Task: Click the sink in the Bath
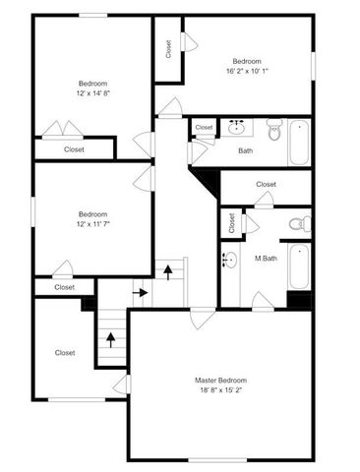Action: pyautogui.click(x=236, y=127)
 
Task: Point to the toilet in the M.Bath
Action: pyautogui.click(x=300, y=225)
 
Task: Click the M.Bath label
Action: pyautogui.click(x=265, y=259)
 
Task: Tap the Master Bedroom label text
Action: pyautogui.click(x=220, y=380)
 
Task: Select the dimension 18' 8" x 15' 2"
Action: pyautogui.click(x=220, y=390)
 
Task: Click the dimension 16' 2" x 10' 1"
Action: pyautogui.click(x=245, y=70)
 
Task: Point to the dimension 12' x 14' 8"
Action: pyautogui.click(x=92, y=92)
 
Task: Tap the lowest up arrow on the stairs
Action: pyautogui.click(x=110, y=339)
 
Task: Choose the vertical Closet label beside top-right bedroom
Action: pyautogui.click(x=168, y=49)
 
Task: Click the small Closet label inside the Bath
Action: pyautogui.click(x=204, y=128)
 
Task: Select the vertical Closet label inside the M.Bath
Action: pyautogui.click(x=231, y=223)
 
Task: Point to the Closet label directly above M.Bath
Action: pyautogui.click(x=266, y=184)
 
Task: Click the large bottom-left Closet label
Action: pyautogui.click(x=65, y=352)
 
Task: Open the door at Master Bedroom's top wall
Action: pyautogui.click(x=203, y=317)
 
